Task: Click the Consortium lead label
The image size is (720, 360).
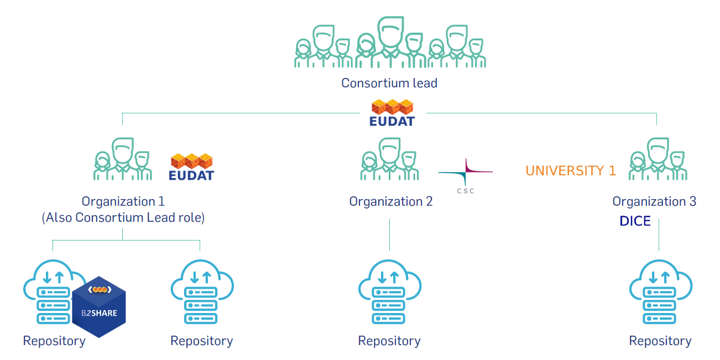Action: [x=389, y=84]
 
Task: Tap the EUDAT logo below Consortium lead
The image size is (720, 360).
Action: [x=392, y=113]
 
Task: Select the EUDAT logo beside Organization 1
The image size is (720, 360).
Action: [x=191, y=167]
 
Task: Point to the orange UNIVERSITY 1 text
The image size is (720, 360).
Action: [x=570, y=171]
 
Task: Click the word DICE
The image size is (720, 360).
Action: [x=635, y=222]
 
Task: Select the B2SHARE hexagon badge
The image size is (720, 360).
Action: [x=99, y=306]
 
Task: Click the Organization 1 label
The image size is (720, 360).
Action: [x=123, y=201]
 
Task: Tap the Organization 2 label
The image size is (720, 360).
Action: [x=390, y=201]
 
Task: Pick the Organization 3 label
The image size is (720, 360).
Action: [x=654, y=201]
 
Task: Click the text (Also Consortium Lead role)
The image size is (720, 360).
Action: [x=123, y=218]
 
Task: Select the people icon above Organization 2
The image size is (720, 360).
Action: [x=390, y=160]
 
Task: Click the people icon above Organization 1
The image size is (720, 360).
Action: [x=122, y=160]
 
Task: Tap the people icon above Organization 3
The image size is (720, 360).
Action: [x=658, y=160]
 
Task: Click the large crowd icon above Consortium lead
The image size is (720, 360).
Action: [x=390, y=43]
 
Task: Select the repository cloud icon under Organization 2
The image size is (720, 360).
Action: [x=390, y=292]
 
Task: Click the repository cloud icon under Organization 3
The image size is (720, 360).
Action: [x=660, y=292]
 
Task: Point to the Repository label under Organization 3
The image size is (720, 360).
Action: [x=660, y=341]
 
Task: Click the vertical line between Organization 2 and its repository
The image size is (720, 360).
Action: [x=390, y=235]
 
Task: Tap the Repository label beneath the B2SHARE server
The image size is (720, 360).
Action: [x=54, y=341]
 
